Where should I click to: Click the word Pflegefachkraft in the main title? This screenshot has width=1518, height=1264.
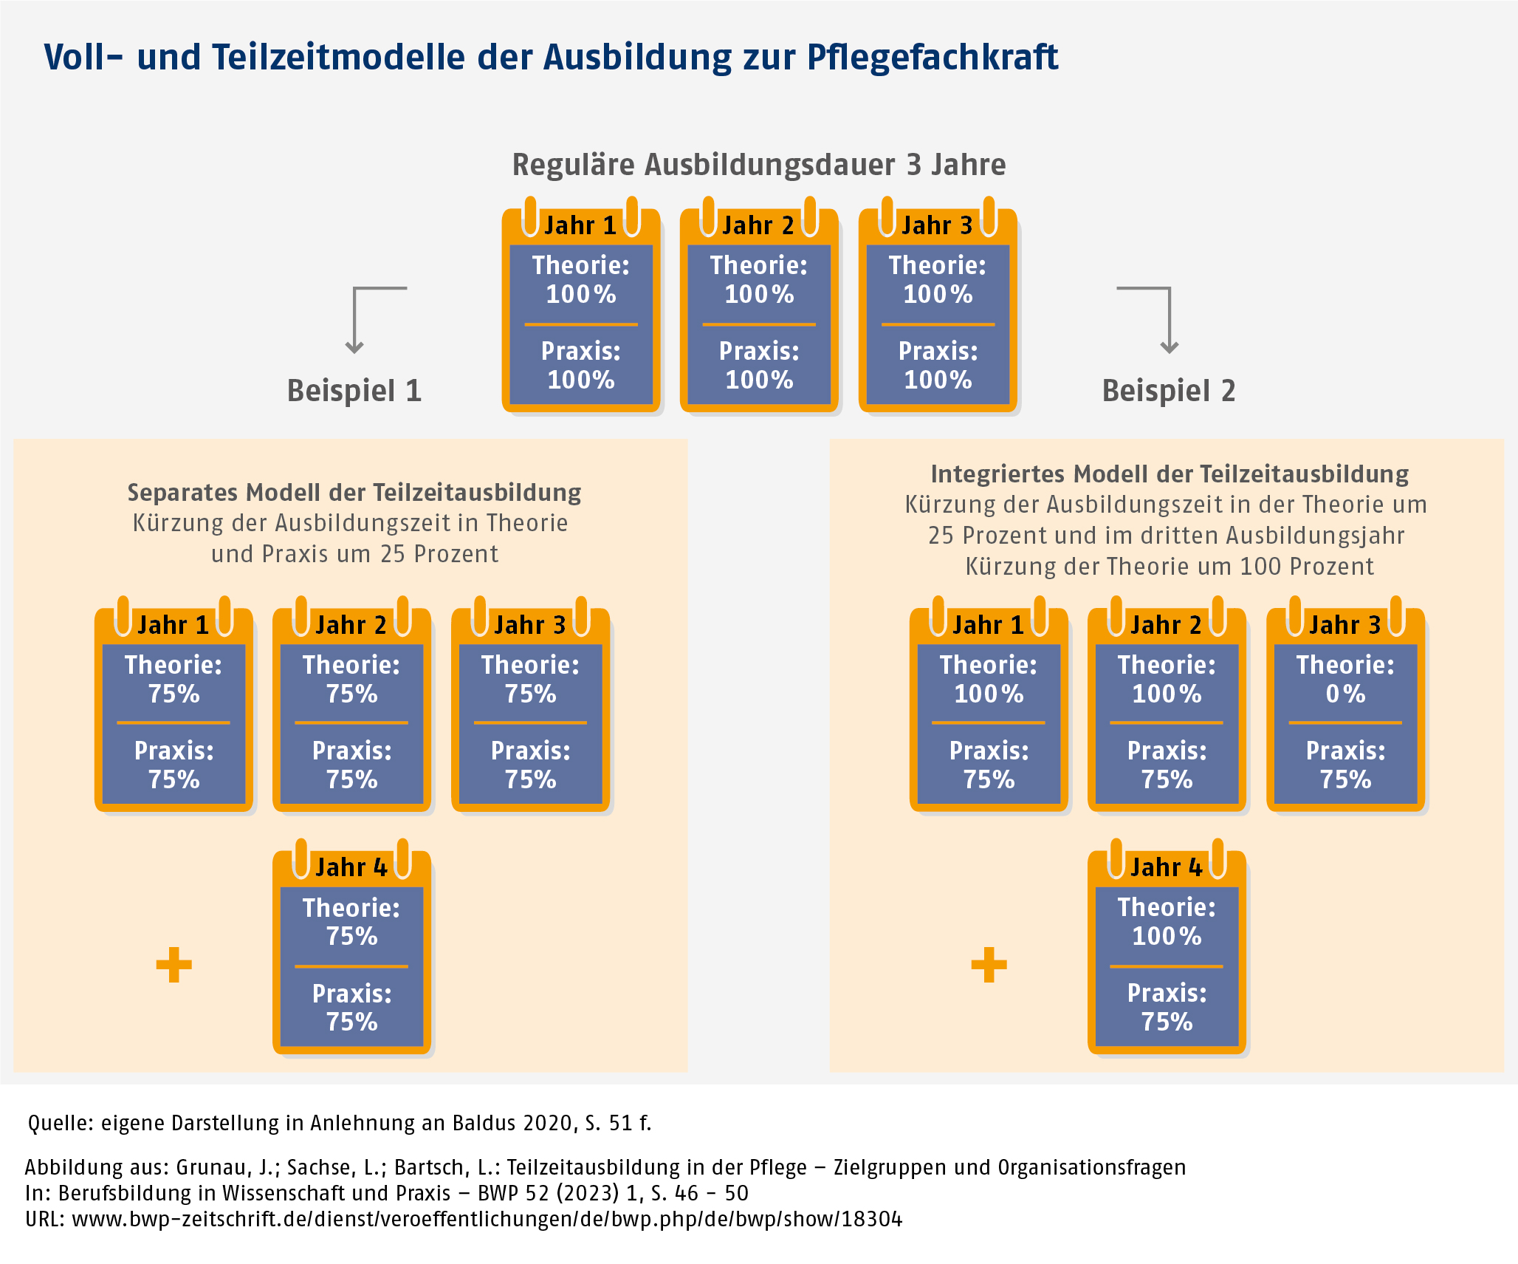(x=932, y=58)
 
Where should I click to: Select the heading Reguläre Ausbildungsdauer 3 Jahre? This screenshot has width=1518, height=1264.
(x=758, y=165)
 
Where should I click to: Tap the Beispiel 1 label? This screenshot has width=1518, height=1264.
(x=354, y=391)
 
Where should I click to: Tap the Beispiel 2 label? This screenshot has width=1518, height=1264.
(x=1168, y=391)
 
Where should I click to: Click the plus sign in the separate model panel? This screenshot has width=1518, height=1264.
(x=174, y=965)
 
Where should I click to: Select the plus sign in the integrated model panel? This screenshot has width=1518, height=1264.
(x=989, y=965)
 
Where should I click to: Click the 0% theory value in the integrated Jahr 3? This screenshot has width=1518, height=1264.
(x=1345, y=694)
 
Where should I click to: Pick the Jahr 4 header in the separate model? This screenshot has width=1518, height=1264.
(x=351, y=867)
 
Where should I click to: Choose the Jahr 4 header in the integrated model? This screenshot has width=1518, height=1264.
(x=1167, y=867)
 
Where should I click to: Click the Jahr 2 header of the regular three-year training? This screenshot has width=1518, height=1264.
(x=758, y=225)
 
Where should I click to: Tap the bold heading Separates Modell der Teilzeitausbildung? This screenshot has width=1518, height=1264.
(x=354, y=492)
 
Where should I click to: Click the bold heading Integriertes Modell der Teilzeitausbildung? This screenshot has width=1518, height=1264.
(x=1169, y=474)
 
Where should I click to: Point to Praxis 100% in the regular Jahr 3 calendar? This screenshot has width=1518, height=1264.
(x=938, y=366)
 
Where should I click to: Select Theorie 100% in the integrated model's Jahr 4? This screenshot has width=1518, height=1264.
(x=1167, y=922)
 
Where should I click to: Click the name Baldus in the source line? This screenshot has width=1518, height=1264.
(x=484, y=1123)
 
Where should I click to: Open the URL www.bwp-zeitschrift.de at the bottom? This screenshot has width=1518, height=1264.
(x=487, y=1219)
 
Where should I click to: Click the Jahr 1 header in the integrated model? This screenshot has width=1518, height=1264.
(x=988, y=625)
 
